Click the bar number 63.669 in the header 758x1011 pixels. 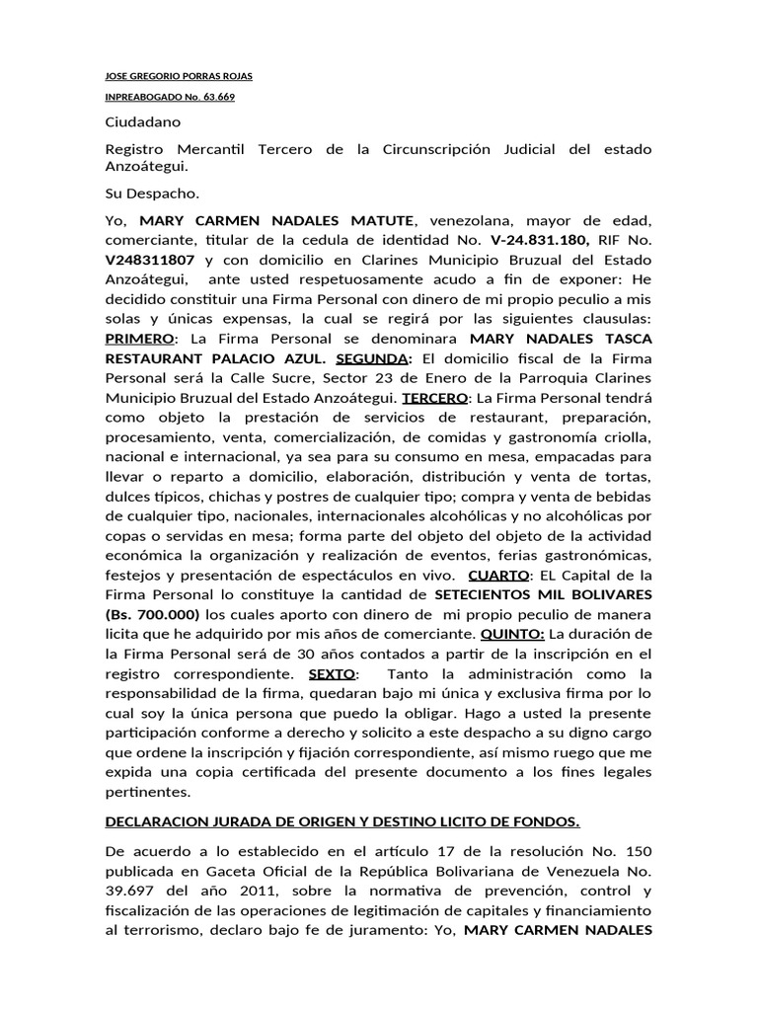[x=218, y=97]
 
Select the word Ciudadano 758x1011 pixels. [x=143, y=122]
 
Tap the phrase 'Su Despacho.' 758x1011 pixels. [x=152, y=194]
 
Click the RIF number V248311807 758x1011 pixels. [x=153, y=259]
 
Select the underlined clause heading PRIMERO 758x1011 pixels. [x=138, y=339]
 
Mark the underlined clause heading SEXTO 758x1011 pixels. [x=334, y=674]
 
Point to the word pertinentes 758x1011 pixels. [x=147, y=792]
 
